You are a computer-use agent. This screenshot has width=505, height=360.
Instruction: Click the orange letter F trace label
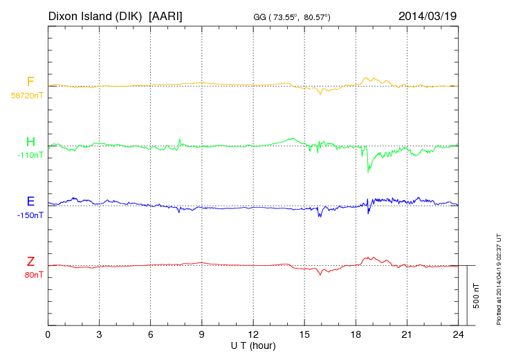click(x=30, y=82)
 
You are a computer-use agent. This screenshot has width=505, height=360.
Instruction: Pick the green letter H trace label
click(x=30, y=142)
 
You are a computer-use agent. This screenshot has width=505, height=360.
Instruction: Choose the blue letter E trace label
click(x=30, y=201)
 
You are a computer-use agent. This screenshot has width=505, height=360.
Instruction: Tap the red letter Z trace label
click(x=30, y=261)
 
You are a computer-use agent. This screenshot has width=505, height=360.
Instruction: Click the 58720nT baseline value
click(x=26, y=96)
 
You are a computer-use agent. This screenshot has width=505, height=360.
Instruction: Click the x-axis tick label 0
click(x=48, y=335)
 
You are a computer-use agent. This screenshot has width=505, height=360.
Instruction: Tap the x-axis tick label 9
click(x=202, y=335)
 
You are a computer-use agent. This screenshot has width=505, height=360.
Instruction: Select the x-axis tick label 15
click(x=304, y=335)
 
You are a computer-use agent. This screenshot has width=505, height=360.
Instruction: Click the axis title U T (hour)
click(x=253, y=345)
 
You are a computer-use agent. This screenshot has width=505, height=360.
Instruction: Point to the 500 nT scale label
click(x=476, y=296)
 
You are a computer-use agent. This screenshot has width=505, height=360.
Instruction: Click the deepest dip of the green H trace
click(x=368, y=171)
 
